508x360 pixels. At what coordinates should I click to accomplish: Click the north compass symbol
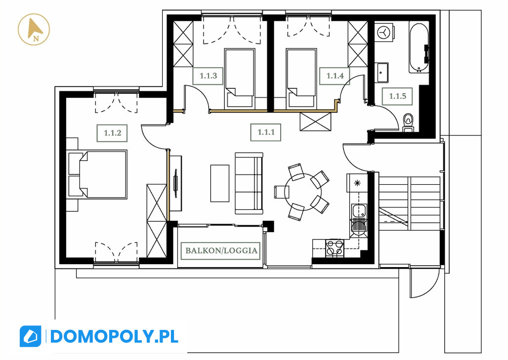[x=34, y=30]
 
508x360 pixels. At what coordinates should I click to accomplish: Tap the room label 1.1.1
[x=266, y=132]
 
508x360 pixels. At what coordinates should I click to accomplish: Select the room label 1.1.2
[x=112, y=133]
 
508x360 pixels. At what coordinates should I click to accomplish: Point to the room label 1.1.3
[x=208, y=76]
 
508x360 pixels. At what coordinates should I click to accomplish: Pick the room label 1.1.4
[x=335, y=76]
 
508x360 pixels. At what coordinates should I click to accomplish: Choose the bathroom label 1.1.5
[x=397, y=96]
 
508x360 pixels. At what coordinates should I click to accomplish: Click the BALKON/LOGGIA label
[x=221, y=250]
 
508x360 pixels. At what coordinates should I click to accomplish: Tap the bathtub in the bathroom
[x=419, y=47]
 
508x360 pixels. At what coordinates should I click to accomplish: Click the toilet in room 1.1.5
[x=408, y=122]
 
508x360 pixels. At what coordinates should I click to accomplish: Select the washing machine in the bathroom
[x=384, y=32]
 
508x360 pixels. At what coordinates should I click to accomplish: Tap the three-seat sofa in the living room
[x=249, y=183]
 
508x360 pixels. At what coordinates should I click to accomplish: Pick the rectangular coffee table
[x=220, y=183]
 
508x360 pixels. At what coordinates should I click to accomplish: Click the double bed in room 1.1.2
[x=97, y=174]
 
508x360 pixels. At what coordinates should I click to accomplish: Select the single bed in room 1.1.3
[x=239, y=78]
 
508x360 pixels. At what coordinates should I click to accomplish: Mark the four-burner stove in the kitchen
[x=335, y=248]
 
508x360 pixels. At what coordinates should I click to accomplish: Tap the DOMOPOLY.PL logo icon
[x=31, y=336]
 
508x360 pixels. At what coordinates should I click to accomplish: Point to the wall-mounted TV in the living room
[x=176, y=183]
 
